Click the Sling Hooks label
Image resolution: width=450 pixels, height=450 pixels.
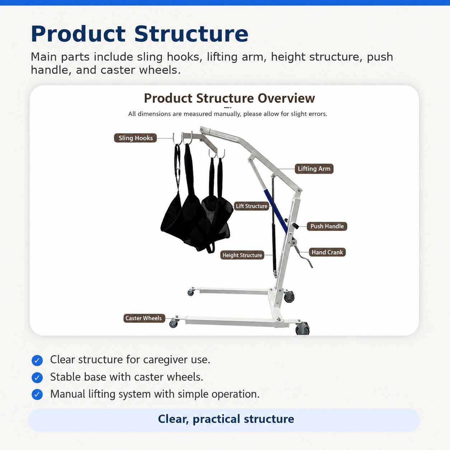tap(135, 138)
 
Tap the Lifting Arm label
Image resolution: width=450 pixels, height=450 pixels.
tap(314, 169)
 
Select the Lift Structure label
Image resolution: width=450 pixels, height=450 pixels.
tap(252, 206)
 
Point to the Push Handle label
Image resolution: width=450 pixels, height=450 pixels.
tap(327, 226)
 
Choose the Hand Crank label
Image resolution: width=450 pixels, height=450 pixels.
tap(327, 252)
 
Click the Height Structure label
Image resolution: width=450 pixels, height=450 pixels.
tap(242, 255)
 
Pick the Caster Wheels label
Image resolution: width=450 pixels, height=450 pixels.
tap(144, 318)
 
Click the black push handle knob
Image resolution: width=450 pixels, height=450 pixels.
tap(295, 226)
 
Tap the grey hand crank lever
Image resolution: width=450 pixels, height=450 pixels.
tap(304, 257)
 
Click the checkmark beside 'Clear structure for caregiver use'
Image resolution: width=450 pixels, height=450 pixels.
tap(37, 360)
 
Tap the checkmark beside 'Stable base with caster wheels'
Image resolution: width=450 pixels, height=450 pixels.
tap(37, 378)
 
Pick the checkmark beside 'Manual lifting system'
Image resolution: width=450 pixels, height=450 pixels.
tap(37, 395)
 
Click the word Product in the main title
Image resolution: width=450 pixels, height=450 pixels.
tap(79, 34)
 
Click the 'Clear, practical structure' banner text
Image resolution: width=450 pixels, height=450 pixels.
tap(226, 419)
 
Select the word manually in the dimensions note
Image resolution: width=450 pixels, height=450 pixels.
tap(228, 114)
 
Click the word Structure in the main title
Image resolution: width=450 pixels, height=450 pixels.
tap(191, 34)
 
